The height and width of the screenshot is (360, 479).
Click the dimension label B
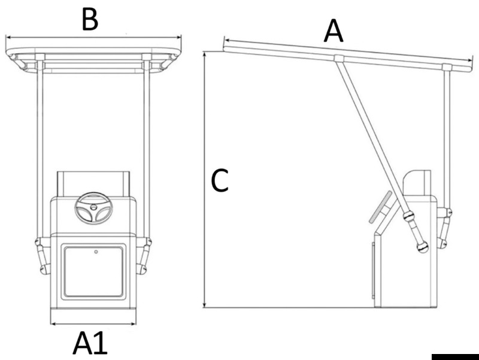(90, 19)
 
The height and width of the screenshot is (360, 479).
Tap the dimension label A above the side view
(334, 31)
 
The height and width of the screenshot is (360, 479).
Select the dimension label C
(220, 181)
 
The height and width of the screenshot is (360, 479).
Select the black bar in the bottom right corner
(454, 356)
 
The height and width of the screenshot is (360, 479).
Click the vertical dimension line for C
(205, 180)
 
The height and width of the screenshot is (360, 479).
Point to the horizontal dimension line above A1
(93, 324)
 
